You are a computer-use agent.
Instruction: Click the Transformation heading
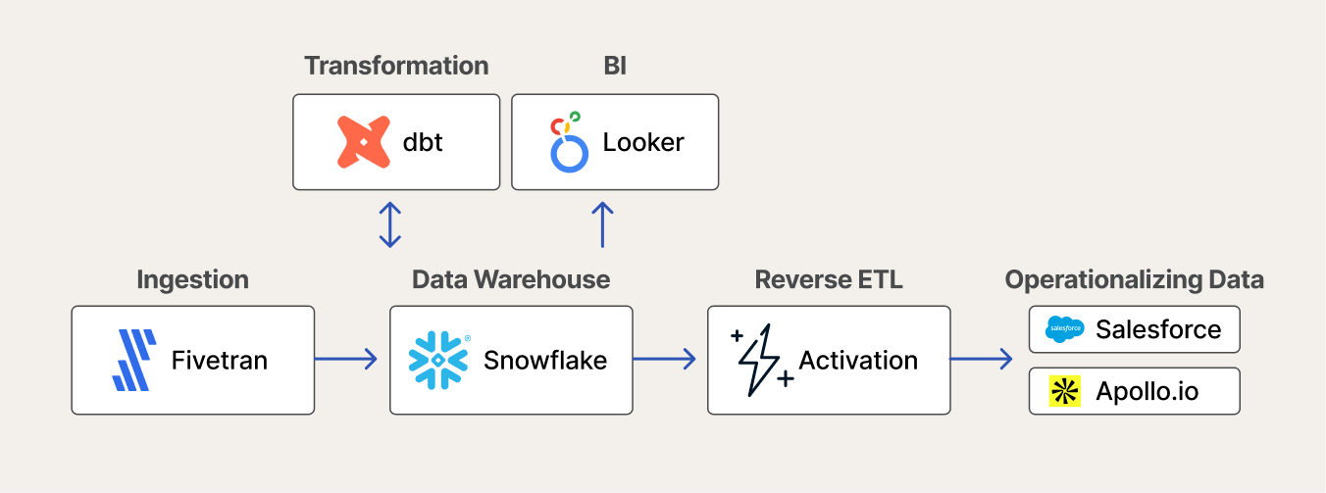point(396,66)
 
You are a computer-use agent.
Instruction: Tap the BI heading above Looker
point(615,66)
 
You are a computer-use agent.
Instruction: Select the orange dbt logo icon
point(364,142)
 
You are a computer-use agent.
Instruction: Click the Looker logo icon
point(569,142)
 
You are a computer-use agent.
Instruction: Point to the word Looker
point(643,143)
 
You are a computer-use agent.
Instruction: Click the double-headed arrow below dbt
point(390,224)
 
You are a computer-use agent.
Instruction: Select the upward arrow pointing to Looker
point(602,224)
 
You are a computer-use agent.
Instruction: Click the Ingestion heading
point(193,280)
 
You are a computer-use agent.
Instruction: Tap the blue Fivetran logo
point(134,360)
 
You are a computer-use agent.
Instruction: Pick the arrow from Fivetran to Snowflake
point(345,359)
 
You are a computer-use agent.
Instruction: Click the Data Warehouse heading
point(511,279)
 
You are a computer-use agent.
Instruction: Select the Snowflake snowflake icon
point(438,361)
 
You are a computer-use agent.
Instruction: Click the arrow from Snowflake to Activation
point(664,359)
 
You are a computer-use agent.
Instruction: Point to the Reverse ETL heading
point(829,279)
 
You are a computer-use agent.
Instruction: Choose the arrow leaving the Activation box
point(982,359)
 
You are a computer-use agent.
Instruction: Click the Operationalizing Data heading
point(1134,280)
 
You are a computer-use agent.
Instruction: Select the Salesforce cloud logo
point(1064,329)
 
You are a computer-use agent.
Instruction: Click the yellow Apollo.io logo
point(1065,391)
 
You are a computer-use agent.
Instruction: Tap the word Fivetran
point(220,361)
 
